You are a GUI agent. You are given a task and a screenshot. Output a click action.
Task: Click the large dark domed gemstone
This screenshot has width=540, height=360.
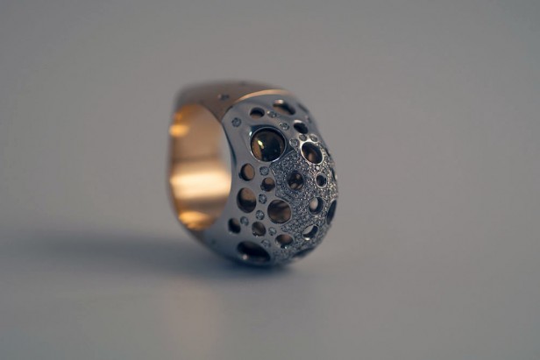[267, 145]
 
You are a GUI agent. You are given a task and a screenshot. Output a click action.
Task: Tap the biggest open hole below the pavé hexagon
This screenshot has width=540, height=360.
[280, 211]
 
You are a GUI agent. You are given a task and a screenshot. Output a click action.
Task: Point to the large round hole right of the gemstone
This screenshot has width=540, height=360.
[311, 152]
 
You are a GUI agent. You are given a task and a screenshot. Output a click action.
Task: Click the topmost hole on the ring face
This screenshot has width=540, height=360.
[284, 107]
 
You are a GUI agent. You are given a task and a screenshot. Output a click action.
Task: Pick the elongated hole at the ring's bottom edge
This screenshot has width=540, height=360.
[253, 251]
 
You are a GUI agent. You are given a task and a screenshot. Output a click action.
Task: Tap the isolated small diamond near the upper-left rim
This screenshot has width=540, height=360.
[236, 122]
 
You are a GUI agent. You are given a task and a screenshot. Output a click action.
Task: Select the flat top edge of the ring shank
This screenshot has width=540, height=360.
[219, 89]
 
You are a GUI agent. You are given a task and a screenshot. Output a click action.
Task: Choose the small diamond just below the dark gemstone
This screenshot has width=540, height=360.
[264, 171]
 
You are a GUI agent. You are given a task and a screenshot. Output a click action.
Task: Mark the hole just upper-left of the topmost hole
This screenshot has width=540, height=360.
[257, 112]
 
